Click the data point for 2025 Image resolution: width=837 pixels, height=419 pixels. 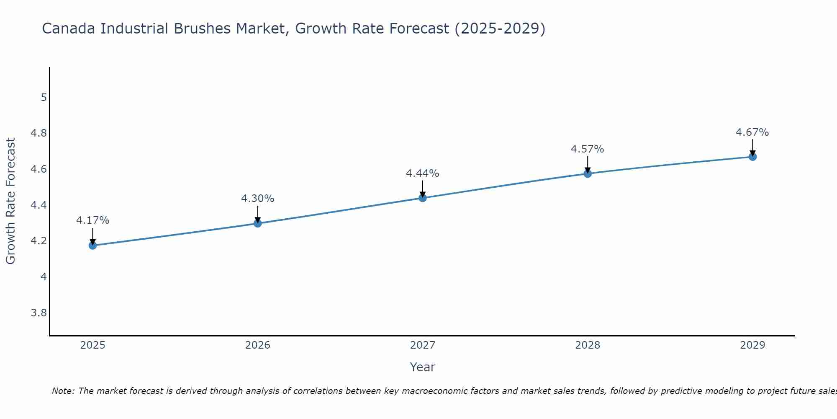92,246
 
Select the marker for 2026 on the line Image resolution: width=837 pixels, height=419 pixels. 258,223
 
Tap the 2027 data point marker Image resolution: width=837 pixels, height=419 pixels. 423,198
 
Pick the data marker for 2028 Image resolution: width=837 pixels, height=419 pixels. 588,173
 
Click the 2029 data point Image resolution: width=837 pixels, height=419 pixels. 752,157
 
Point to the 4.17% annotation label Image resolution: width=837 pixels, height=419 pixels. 92,220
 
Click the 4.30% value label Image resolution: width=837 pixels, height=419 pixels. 258,199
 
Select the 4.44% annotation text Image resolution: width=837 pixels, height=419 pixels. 423,173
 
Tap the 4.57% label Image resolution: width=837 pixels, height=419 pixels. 588,149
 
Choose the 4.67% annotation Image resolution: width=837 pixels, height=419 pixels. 752,132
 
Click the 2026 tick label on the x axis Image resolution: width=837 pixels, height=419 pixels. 258,345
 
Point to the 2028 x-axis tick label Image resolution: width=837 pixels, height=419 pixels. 588,345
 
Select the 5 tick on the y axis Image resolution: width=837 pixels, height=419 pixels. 44,98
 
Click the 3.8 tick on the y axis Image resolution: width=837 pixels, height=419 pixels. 39,313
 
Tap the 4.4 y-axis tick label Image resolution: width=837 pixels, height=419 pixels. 39,205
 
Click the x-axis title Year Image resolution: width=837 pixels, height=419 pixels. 423,367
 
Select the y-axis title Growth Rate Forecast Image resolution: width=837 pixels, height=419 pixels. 10,201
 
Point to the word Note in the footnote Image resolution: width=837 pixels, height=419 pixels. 63,391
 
